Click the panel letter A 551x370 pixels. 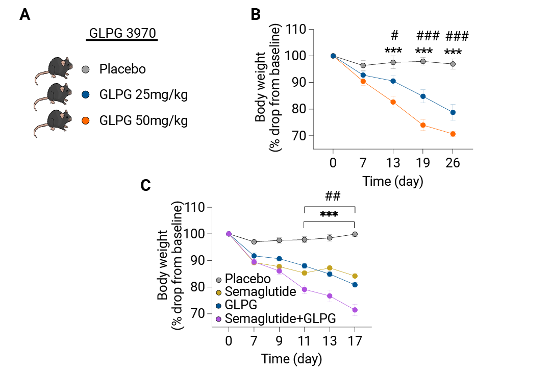click(x=24, y=15)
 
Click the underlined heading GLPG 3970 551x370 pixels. click(x=122, y=33)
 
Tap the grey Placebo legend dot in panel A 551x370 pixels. click(x=85, y=69)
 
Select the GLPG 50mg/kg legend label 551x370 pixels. click(x=143, y=120)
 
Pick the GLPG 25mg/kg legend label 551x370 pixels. click(x=143, y=94)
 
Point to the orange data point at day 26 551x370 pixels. click(x=453, y=134)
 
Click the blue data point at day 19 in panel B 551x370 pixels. click(x=423, y=96)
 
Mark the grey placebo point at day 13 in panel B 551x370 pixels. click(x=393, y=63)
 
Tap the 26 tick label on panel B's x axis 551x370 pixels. click(x=453, y=163)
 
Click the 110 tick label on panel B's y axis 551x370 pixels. click(x=295, y=29)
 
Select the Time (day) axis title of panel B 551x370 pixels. click(x=393, y=181)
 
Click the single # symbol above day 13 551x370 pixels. click(x=394, y=35)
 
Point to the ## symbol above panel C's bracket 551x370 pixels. click(x=333, y=195)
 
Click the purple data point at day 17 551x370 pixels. click(x=355, y=310)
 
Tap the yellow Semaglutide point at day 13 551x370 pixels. click(x=330, y=268)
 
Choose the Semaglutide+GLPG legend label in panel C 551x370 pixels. click(x=281, y=318)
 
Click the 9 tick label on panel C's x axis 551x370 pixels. click(x=279, y=341)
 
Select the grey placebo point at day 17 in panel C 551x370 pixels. click(x=355, y=234)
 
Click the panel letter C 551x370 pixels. click(x=145, y=185)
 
